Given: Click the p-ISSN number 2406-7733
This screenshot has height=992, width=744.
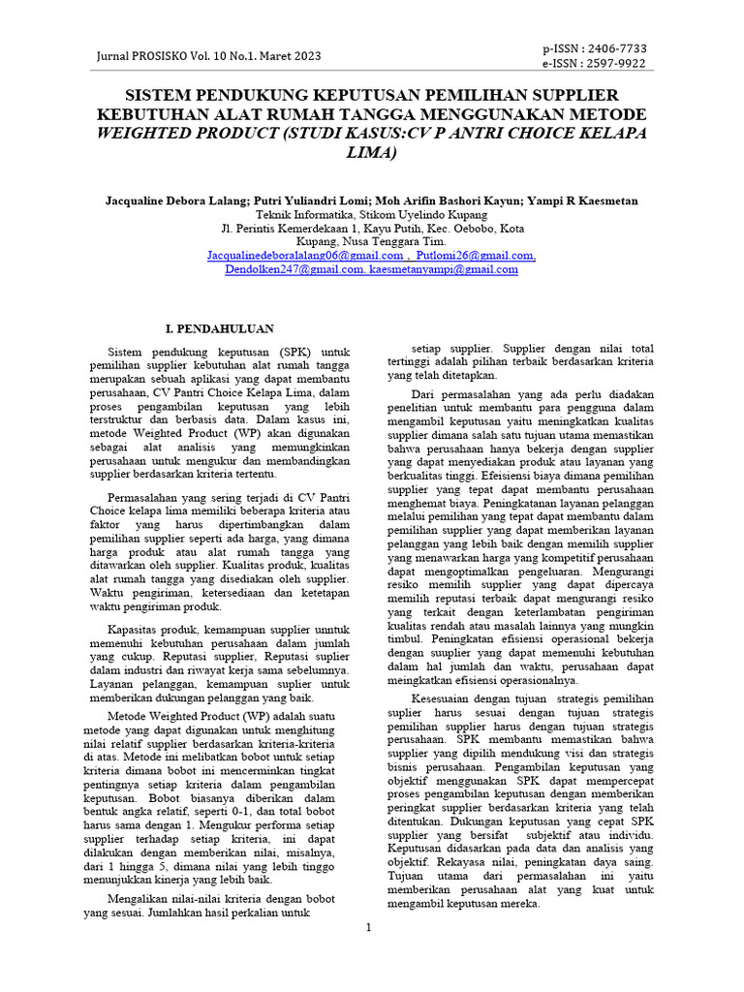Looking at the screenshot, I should (614, 48).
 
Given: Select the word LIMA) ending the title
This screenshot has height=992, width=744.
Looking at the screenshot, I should (371, 152).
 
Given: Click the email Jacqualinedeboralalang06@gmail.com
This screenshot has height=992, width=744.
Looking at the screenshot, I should (305, 256).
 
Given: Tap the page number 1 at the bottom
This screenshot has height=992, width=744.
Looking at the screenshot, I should (369, 928).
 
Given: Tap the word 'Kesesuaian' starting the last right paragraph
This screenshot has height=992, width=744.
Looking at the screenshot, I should (448, 698).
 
